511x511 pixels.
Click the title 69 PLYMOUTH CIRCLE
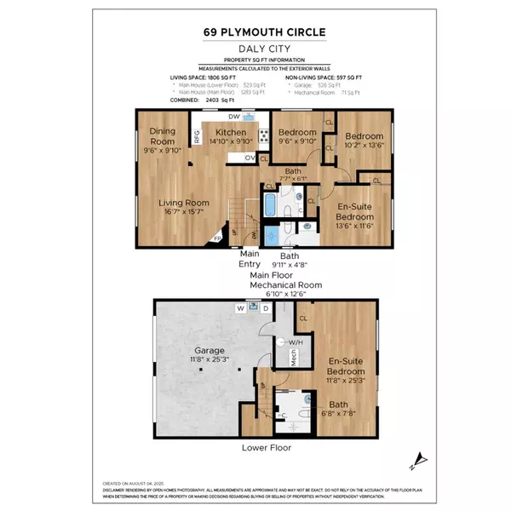255,32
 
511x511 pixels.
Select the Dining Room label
162,136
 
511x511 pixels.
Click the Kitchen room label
231,134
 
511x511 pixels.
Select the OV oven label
250,158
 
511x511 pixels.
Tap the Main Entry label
250,259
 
